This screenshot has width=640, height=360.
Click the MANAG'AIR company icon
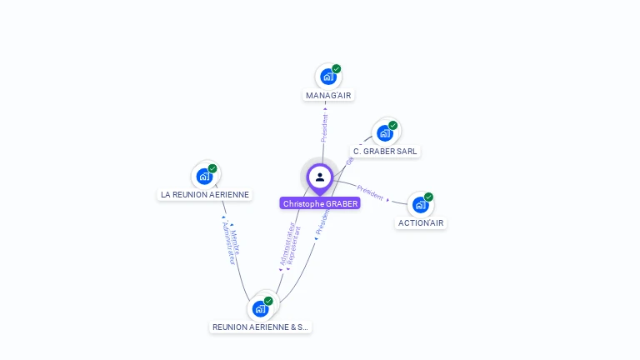tap(328, 77)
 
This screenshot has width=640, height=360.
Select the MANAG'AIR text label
tap(328, 95)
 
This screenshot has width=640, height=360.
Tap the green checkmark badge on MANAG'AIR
tap(337, 68)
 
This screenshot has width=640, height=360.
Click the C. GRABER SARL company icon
tap(385, 132)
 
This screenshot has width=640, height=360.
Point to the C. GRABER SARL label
tap(385, 152)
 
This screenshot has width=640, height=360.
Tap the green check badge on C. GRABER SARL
tap(393, 125)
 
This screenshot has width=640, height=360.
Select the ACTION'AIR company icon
tap(420, 204)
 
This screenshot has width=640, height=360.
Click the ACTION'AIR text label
tap(421, 222)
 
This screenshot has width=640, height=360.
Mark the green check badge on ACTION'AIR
tap(428, 197)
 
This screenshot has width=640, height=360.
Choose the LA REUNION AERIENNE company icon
tap(205, 176)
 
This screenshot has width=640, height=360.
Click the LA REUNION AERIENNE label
tap(205, 194)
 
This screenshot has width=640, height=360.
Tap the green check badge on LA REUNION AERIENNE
tap(213, 168)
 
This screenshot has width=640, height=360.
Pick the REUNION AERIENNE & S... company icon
tap(260, 308)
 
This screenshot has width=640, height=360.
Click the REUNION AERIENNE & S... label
tap(260, 327)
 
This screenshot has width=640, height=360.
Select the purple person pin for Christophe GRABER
tap(320, 177)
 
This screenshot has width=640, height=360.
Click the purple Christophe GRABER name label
tap(320, 203)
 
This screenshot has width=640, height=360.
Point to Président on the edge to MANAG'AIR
tap(325, 127)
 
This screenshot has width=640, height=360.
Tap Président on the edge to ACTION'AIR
tap(370, 192)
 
